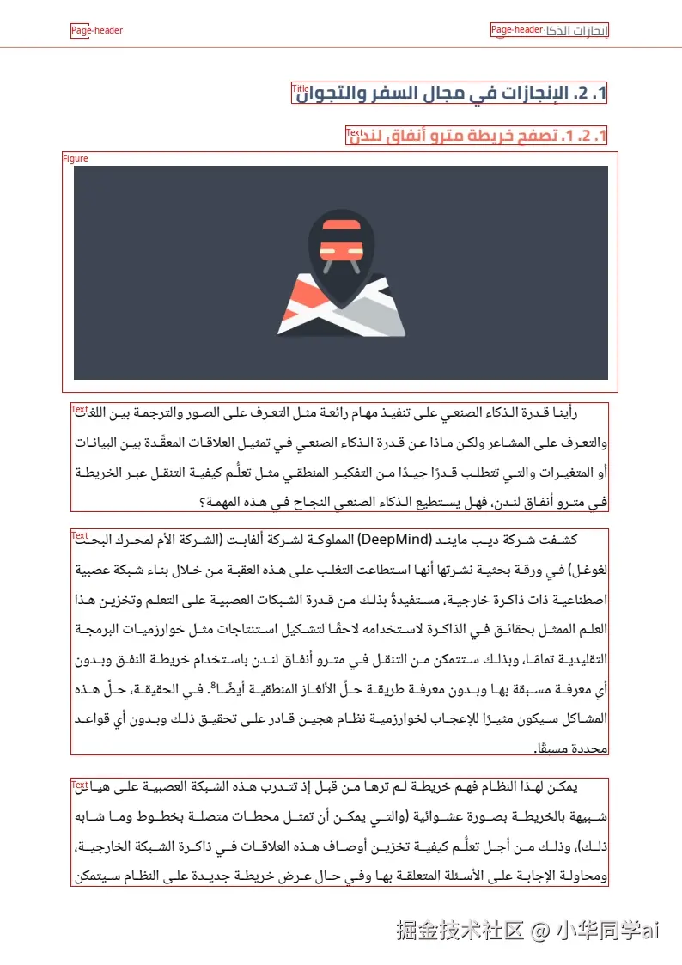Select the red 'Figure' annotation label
pos(76,158)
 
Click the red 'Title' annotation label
pos(300,89)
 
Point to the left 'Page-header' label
pos(96,31)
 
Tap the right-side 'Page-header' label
pos(516,30)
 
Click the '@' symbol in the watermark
pos(539,930)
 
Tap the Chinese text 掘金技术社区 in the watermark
pos(460,930)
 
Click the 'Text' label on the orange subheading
pos(354,132)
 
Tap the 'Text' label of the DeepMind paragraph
pos(80,536)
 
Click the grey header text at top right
pos(576,31)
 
